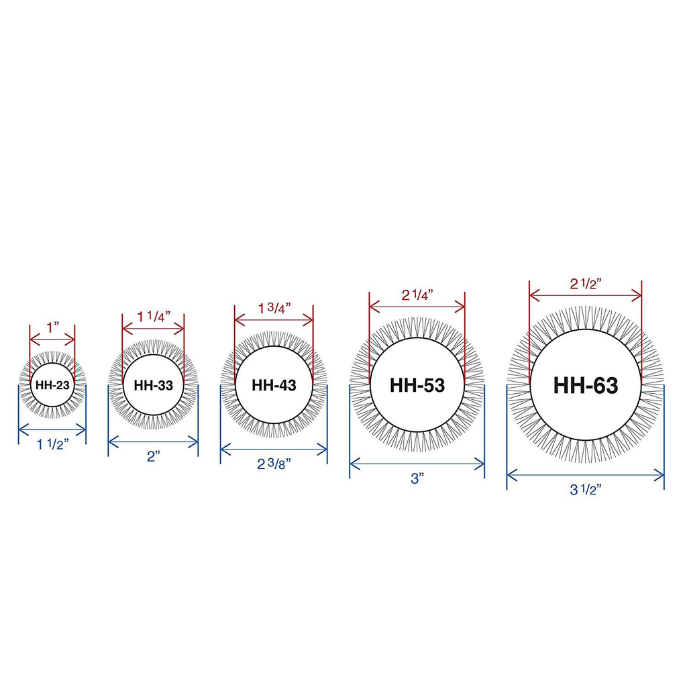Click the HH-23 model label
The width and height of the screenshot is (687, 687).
[x=52, y=385]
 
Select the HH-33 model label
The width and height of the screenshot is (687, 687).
[x=154, y=386]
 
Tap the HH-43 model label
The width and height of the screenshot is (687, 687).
[x=274, y=386]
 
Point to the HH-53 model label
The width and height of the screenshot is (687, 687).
[x=417, y=386]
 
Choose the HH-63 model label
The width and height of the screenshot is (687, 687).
[x=585, y=386]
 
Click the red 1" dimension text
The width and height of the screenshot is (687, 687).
[x=53, y=327]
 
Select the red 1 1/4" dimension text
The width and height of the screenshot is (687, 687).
[x=154, y=316]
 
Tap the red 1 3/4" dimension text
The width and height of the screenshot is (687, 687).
[x=274, y=308]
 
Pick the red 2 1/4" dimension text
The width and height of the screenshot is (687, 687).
[x=417, y=295]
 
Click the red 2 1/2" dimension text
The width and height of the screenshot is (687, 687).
[x=585, y=284]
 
